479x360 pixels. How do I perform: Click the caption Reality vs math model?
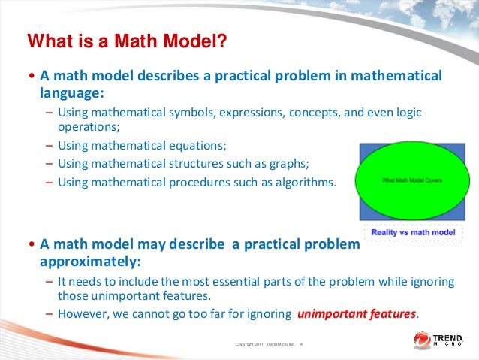point(410,232)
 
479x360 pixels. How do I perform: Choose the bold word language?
point(68,93)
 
